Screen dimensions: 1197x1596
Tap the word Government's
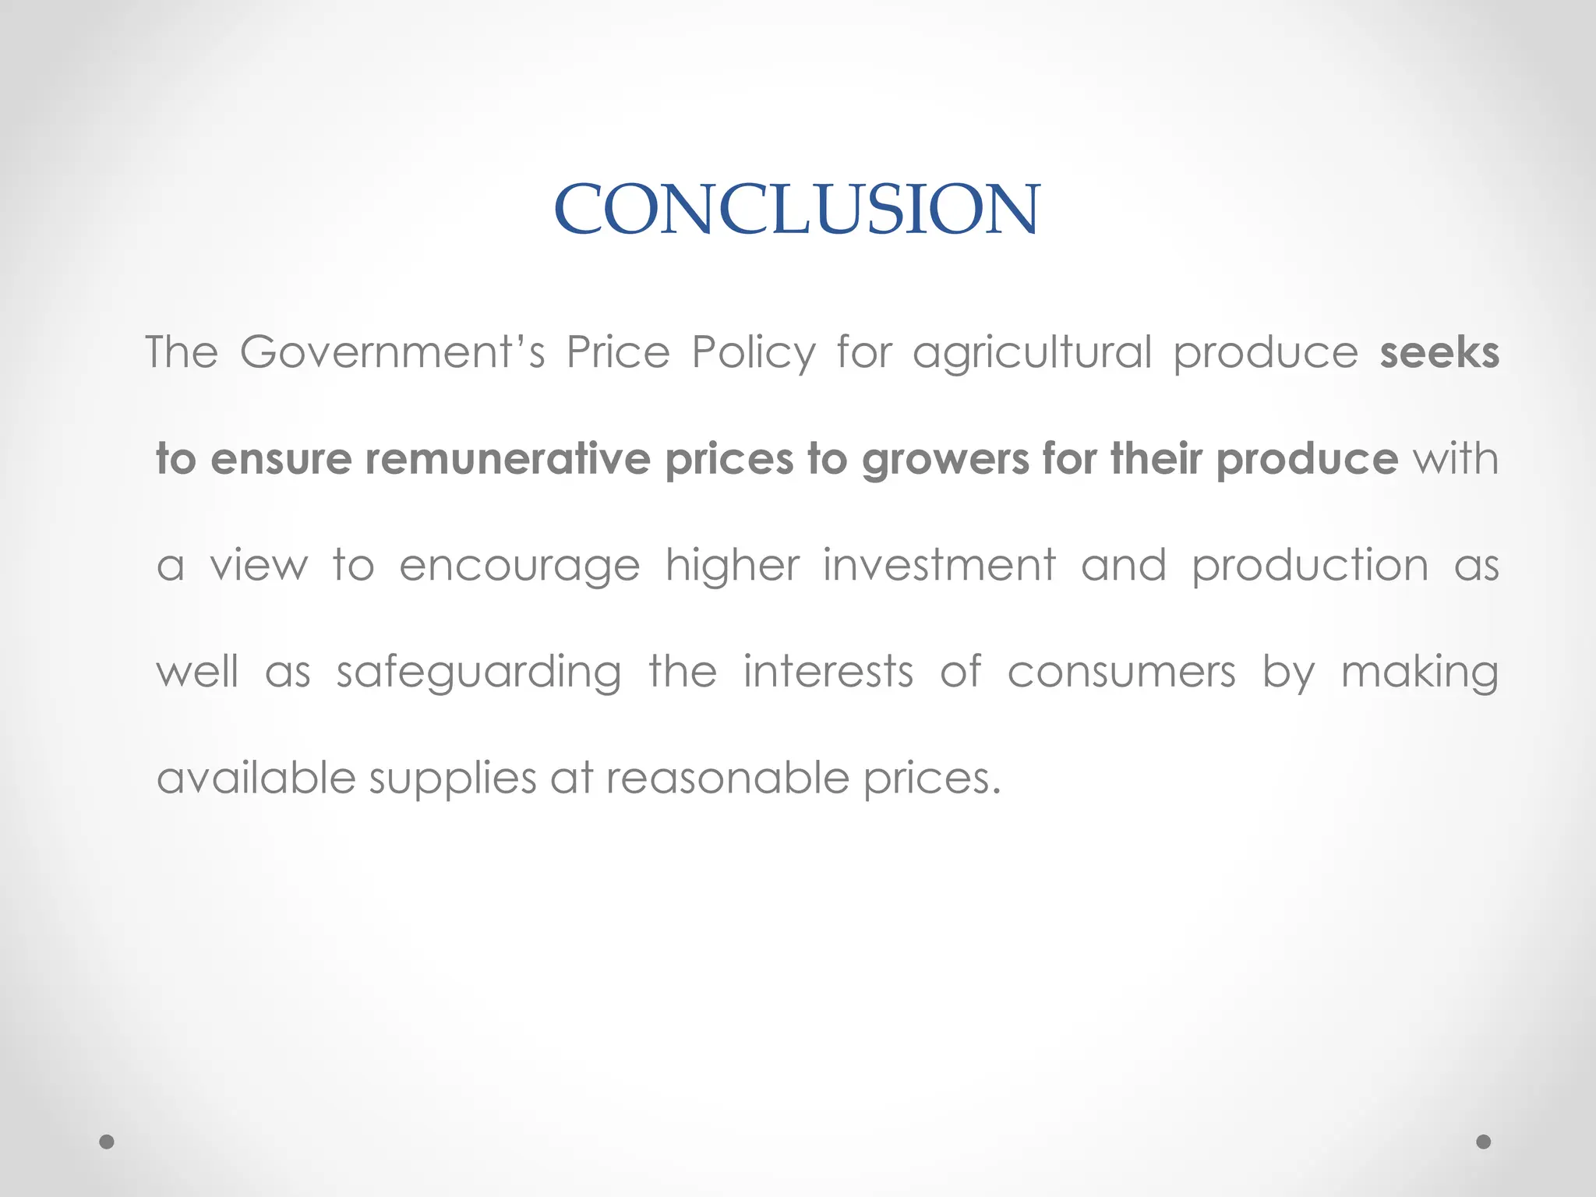point(392,352)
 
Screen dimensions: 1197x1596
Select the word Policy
point(754,353)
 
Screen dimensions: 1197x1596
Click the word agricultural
point(1032,353)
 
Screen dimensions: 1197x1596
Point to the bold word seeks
point(1439,353)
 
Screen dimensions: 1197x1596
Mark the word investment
point(940,565)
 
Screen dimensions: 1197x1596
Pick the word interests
point(828,671)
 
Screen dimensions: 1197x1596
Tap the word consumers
point(1121,672)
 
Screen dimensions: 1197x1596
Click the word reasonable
point(727,778)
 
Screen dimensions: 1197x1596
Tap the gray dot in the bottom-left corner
point(107,1142)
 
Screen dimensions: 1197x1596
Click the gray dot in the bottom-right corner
point(1484,1142)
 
